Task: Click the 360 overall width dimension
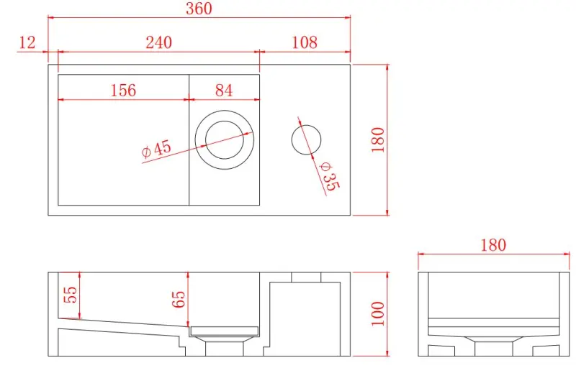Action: (199, 9)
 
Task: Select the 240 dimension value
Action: (158, 42)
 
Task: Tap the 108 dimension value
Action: (305, 42)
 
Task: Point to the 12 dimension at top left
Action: (27, 42)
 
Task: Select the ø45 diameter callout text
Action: (157, 149)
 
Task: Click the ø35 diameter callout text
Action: (328, 175)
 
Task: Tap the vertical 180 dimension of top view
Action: (378, 139)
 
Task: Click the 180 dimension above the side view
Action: (493, 245)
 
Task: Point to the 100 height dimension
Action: (378, 313)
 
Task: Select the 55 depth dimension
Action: (70, 295)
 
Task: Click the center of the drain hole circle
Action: (224, 139)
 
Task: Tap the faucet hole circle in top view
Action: (307, 139)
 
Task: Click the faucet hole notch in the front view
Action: (305, 277)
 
